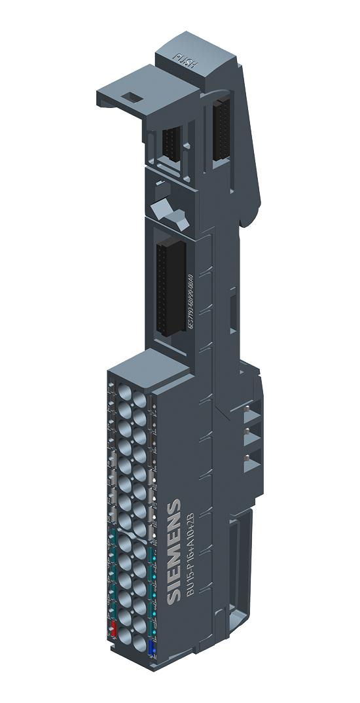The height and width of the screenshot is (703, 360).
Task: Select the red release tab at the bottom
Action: click(x=113, y=630)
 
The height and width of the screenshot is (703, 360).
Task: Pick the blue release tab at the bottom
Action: click(x=153, y=648)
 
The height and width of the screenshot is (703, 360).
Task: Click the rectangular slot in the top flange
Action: click(x=132, y=98)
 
